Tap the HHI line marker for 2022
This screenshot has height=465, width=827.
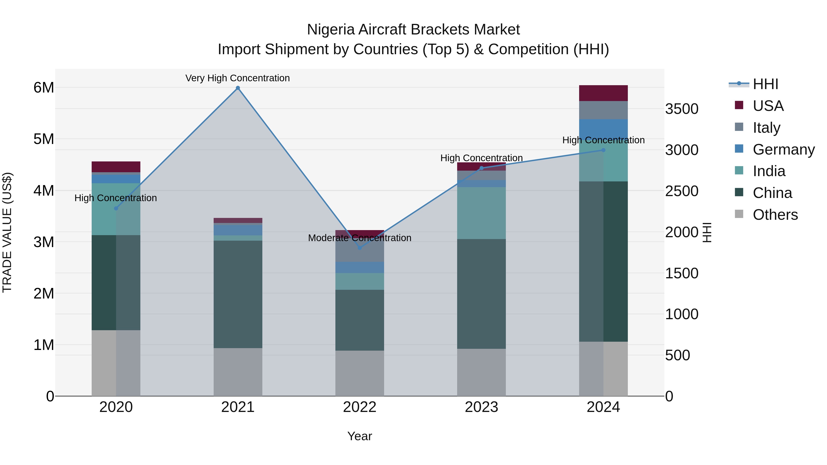tap(360, 248)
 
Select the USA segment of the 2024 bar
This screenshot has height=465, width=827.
tap(603, 93)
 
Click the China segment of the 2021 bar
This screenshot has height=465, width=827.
tap(238, 294)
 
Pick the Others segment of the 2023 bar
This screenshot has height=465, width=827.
tap(481, 372)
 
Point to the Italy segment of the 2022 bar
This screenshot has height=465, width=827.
tap(360, 254)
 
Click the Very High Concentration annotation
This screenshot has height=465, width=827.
tap(238, 78)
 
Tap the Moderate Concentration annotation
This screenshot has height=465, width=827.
tap(360, 238)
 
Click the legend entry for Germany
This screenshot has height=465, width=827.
tap(783, 149)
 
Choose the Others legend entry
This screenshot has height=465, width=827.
tap(775, 215)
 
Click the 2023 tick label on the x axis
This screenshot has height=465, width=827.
tap(481, 407)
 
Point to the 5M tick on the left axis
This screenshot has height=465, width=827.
tap(44, 139)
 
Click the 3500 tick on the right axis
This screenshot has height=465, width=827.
tap(682, 109)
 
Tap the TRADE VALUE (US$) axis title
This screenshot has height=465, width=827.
tap(7, 232)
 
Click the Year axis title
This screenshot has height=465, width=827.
tap(360, 436)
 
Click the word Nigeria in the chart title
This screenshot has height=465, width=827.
tap(331, 30)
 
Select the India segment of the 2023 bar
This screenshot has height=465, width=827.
tap(481, 213)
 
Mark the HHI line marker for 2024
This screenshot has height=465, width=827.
tap(603, 150)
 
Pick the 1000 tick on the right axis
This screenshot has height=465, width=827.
tap(682, 314)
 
